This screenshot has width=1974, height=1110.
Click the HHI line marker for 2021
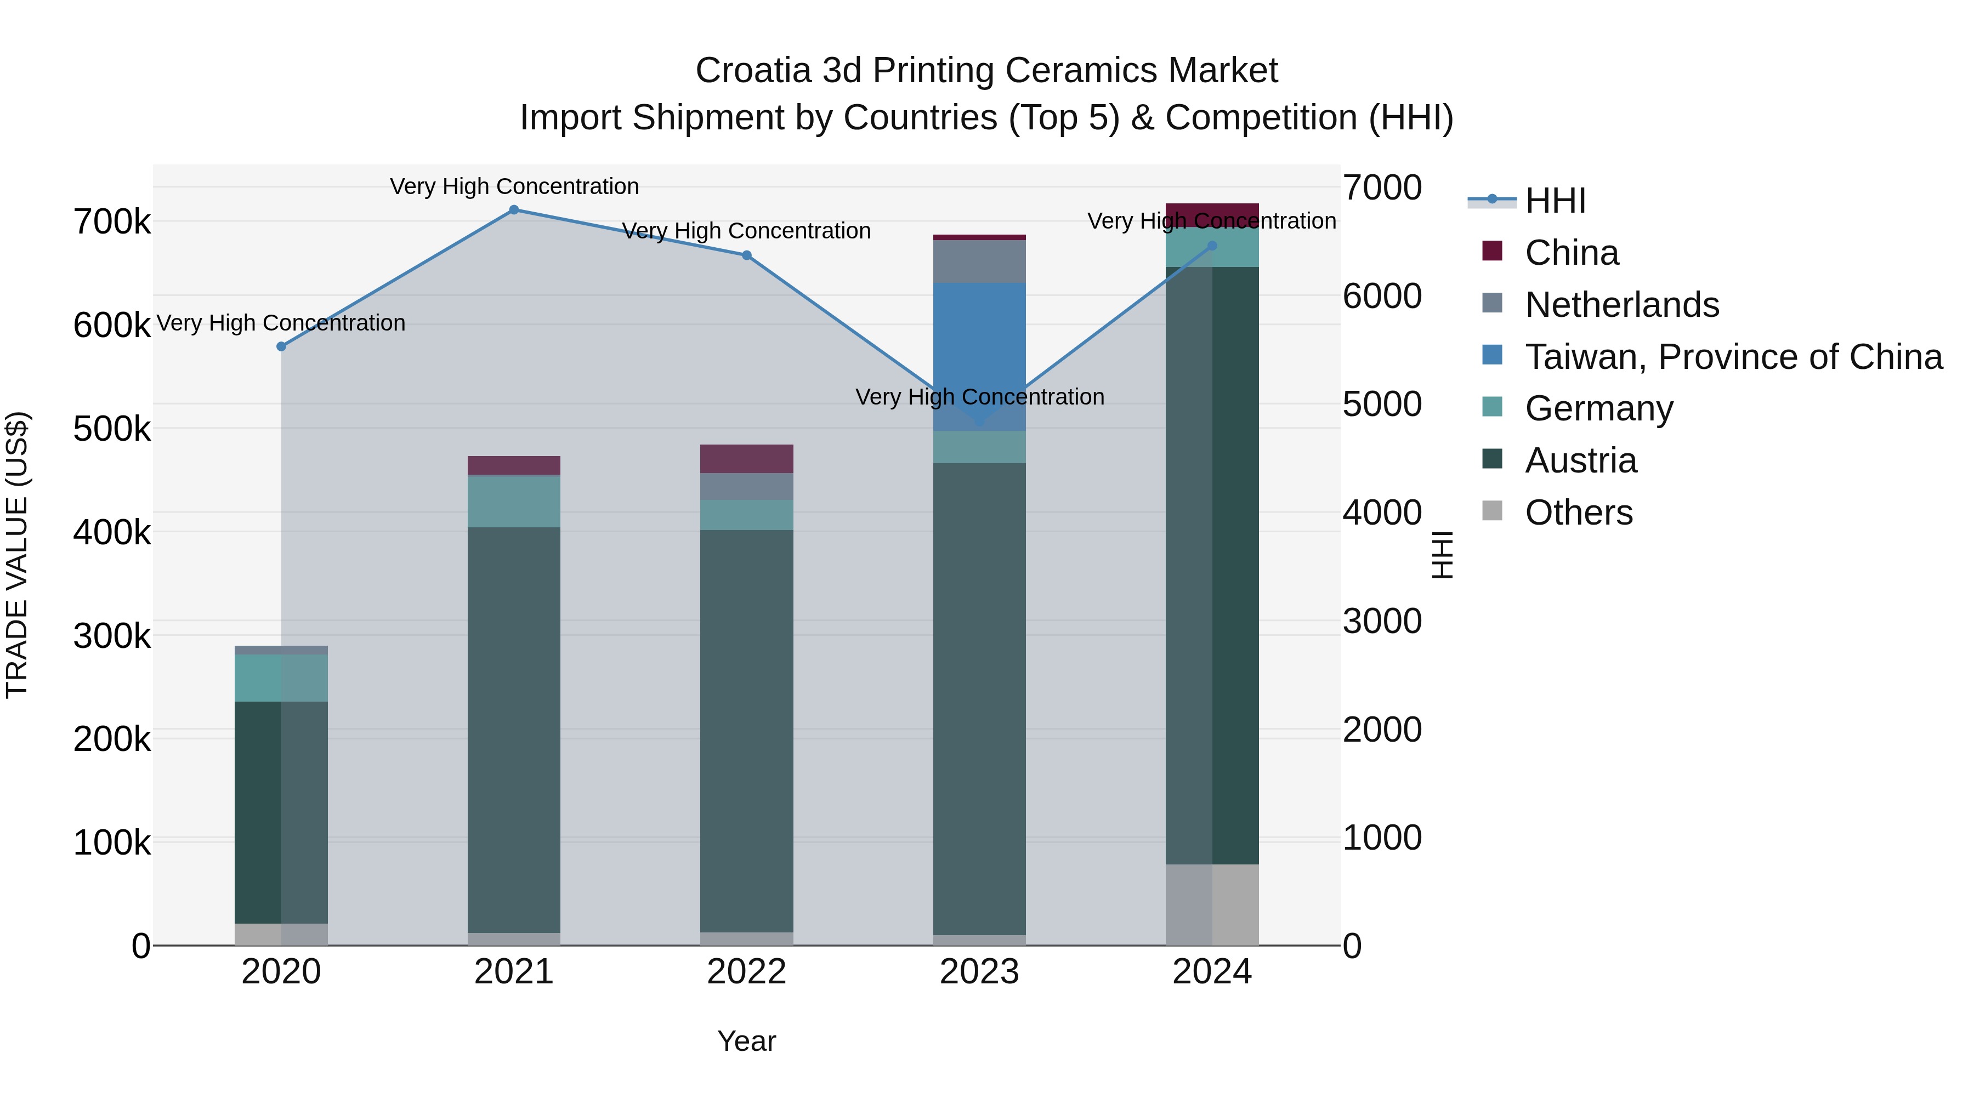click(514, 210)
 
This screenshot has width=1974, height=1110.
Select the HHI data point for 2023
click(979, 422)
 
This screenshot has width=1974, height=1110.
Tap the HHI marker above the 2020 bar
click(281, 346)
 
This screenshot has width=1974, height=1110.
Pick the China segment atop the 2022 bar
click(746, 459)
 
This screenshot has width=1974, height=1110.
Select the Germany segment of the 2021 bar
click(514, 502)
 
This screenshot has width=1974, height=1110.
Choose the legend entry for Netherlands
click(1621, 305)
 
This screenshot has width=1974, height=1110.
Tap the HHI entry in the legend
click(1555, 201)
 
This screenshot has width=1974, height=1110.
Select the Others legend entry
click(1579, 513)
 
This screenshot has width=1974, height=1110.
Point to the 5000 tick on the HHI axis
click(1382, 405)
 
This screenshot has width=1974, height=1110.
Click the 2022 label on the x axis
click(746, 972)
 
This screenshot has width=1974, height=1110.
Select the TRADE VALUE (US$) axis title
click(18, 555)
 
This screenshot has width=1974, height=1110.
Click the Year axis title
click(746, 1041)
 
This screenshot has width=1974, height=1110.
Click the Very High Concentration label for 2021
click(514, 186)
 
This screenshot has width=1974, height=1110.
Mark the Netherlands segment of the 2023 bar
click(979, 261)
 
